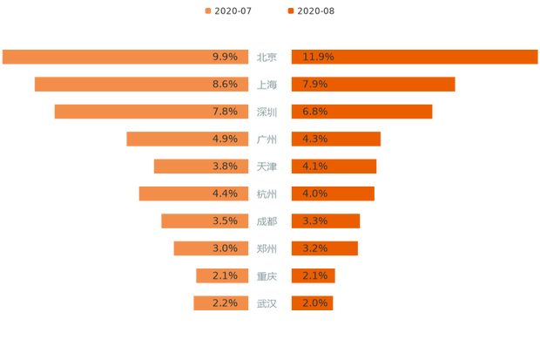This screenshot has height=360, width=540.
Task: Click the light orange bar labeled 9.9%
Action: [x=126, y=57]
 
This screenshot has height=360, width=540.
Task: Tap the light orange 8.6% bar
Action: [x=143, y=85]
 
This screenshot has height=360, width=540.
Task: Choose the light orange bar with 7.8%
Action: [x=152, y=112]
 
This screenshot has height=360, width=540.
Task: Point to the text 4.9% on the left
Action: [x=225, y=139]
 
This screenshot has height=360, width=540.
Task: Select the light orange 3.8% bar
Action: [x=202, y=166]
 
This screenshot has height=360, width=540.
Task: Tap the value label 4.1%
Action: [x=314, y=166]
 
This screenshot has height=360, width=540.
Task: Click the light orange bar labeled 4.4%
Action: [x=195, y=194]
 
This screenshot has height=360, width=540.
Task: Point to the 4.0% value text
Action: [x=314, y=194]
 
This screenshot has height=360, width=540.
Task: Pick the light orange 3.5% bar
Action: [x=206, y=221]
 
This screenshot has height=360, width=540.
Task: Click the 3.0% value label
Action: [x=225, y=248]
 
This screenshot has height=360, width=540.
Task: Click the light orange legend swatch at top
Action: [x=206, y=10]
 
